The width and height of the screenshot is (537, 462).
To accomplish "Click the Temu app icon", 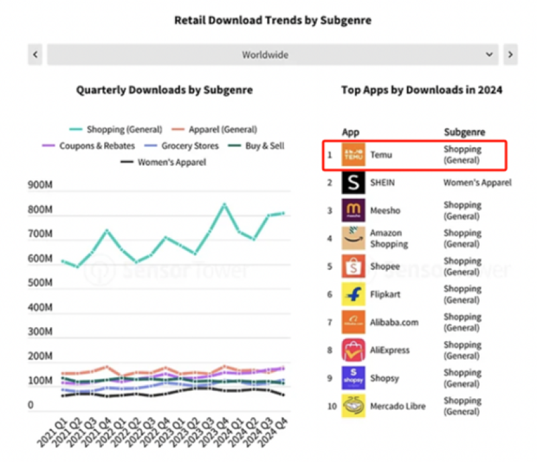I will click(353, 155).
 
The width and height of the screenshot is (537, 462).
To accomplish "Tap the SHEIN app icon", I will click(353, 183).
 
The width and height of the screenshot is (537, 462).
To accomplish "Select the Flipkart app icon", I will click(353, 294).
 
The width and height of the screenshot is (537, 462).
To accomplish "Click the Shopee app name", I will click(385, 267).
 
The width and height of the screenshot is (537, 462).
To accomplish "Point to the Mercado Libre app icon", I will click(353, 406).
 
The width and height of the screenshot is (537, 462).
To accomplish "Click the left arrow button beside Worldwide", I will click(36, 54).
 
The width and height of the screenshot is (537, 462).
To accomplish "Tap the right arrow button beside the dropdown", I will click(510, 54).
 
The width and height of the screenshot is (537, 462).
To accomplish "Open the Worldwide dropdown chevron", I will click(489, 54).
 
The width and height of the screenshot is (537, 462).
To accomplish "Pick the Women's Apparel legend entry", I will click(164, 162).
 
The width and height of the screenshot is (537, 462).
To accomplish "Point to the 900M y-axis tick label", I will click(40, 186).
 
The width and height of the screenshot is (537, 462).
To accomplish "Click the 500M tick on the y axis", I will click(40, 283).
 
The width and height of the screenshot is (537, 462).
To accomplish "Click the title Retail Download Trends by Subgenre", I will click(273, 20).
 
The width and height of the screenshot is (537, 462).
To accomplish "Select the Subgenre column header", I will click(465, 132).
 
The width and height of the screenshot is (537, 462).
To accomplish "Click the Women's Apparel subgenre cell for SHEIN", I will click(477, 183).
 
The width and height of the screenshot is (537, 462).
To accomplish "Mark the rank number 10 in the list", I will click(330, 406).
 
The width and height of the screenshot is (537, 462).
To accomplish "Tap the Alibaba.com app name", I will click(394, 322).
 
